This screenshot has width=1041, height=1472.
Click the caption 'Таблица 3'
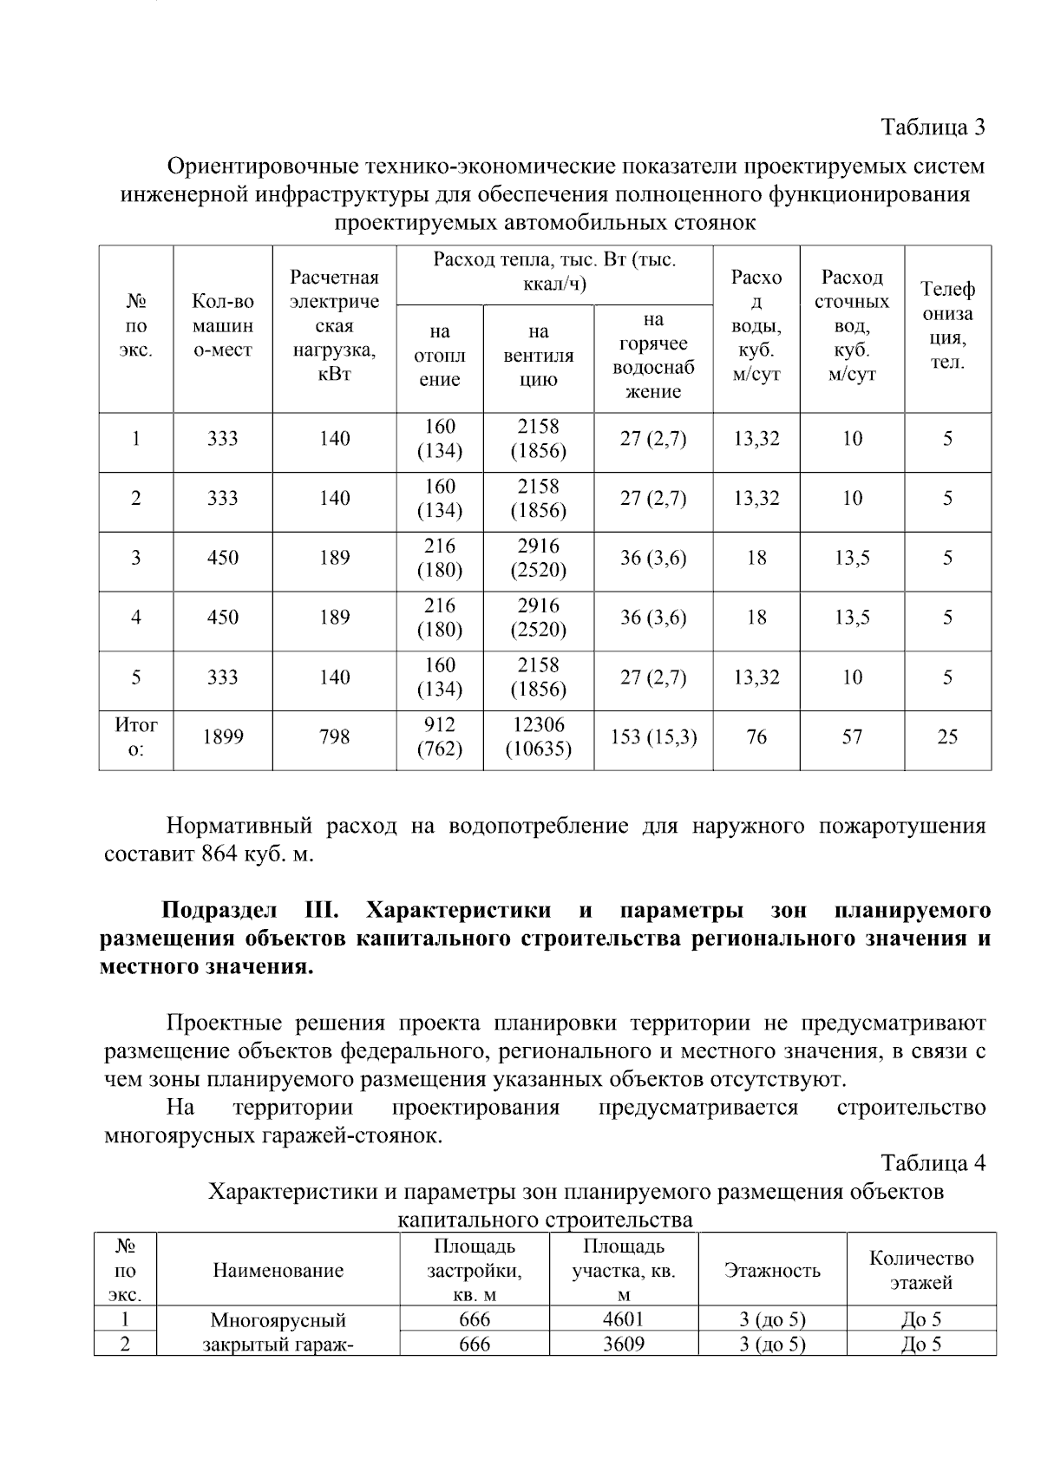coord(933,128)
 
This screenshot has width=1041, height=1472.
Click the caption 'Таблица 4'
coord(933,1162)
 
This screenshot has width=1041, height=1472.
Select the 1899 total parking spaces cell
coord(223,737)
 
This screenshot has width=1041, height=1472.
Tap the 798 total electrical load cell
coord(335,737)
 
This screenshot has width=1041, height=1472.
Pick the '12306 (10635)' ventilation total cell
coord(539,737)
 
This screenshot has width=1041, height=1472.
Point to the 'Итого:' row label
coord(136,737)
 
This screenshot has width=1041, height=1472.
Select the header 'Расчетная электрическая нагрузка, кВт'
coord(335,326)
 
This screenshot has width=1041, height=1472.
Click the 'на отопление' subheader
coord(440,356)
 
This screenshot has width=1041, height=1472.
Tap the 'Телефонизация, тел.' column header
coord(947,326)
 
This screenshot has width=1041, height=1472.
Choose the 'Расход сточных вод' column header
coord(852,326)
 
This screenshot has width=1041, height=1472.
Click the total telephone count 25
coord(947,737)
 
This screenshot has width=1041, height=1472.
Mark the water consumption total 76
coord(756,737)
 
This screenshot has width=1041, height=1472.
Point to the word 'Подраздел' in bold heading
coord(219,911)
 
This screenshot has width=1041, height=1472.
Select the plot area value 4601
coord(624,1320)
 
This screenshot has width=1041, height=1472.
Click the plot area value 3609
coord(624,1344)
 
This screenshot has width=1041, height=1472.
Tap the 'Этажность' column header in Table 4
coord(772,1271)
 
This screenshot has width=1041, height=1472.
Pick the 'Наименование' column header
coord(278,1271)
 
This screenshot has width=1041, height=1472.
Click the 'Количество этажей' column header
coord(921,1271)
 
